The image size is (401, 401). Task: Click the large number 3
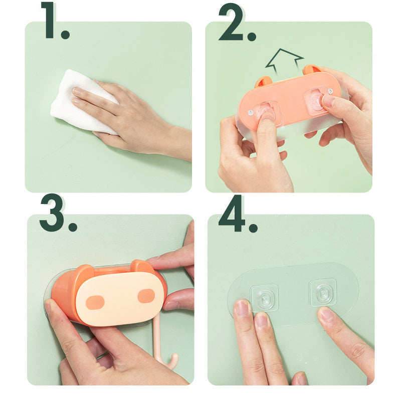(52, 213)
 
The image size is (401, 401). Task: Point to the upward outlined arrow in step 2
(284, 62)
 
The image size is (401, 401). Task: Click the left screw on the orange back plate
(251, 112)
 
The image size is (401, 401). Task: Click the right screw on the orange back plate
(330, 91)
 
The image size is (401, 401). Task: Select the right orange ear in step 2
(311, 69)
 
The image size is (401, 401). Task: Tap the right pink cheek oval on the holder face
(146, 296)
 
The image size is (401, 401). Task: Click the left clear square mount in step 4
(265, 298)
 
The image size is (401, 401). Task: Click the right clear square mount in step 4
(323, 293)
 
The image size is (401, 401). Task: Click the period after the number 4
(253, 227)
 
